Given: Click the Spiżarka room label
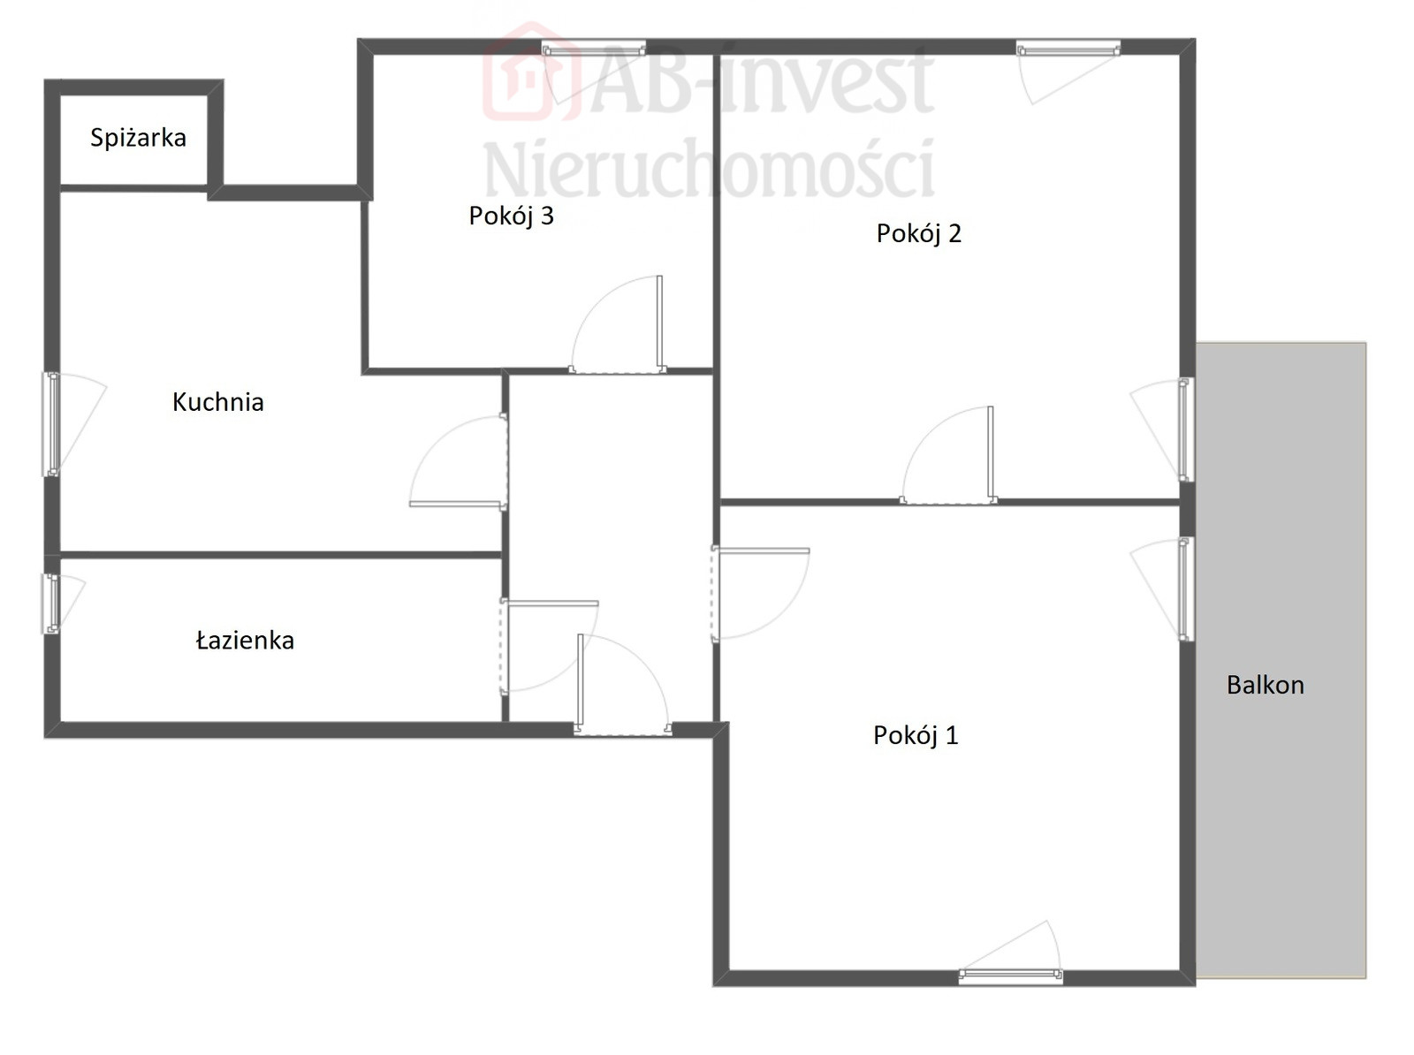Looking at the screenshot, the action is coord(138,138).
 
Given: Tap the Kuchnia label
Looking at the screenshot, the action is coord(217,402).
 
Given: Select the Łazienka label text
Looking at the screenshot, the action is coord(245,640).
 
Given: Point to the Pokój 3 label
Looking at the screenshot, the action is coord(511,216).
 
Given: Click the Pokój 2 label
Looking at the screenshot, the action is coord(918,233).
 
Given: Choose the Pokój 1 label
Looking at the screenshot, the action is coord(916,735).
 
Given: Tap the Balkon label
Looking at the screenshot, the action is coord(1266,685).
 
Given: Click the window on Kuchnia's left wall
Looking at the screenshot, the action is coord(51,424).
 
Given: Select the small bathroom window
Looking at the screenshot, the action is coord(51,603).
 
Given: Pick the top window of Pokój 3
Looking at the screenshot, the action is coord(593,49).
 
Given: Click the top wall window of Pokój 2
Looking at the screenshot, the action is coord(1068,49).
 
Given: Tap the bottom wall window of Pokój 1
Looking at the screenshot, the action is coord(1011,976).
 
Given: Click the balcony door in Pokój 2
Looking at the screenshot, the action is coord(1186,429).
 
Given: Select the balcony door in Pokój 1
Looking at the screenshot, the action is coord(1186,589).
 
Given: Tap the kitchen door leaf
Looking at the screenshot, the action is coord(458,504).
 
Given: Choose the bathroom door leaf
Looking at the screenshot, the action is coord(551,603).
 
